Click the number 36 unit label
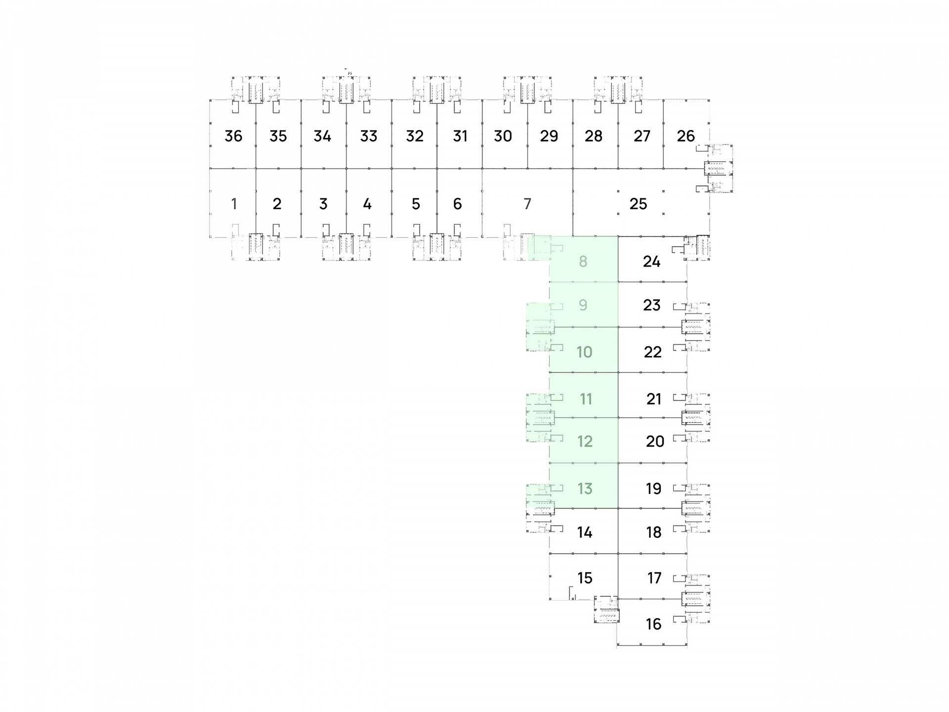click(x=233, y=136)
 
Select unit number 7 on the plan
click(x=527, y=204)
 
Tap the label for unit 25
click(x=638, y=204)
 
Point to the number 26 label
click(x=686, y=136)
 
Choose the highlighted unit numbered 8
click(x=583, y=261)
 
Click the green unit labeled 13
click(x=585, y=489)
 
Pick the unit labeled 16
click(x=653, y=624)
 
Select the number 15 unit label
click(x=585, y=578)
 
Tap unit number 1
click(x=234, y=204)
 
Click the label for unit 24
click(x=651, y=261)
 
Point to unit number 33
click(x=369, y=136)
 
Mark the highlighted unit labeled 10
click(x=584, y=352)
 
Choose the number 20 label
click(x=655, y=441)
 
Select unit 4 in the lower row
click(x=367, y=204)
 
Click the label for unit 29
click(x=549, y=136)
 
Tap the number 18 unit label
click(x=653, y=533)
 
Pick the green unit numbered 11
click(x=586, y=399)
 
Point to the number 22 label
click(x=652, y=352)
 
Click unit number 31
click(x=460, y=136)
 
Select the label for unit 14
click(x=585, y=533)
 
